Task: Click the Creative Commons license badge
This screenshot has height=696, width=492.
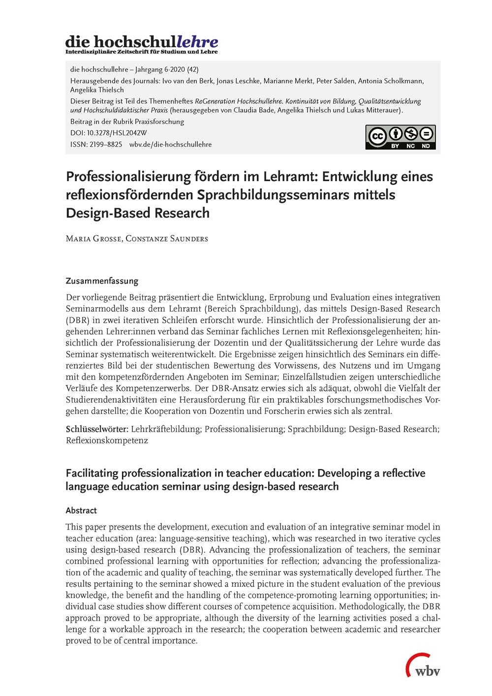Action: tap(400, 137)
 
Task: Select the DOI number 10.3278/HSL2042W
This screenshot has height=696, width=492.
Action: tap(117, 133)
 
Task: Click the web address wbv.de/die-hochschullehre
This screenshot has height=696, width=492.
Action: tap(170, 144)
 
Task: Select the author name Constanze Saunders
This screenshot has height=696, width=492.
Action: tap(167, 239)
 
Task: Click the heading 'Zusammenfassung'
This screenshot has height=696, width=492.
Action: tap(102, 281)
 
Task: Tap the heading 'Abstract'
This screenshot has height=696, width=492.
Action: tap(81, 510)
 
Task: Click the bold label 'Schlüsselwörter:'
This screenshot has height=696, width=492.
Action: tap(97, 429)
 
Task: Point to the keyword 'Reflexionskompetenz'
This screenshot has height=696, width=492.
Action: tap(107, 441)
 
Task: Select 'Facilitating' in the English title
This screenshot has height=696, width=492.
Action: tap(92, 473)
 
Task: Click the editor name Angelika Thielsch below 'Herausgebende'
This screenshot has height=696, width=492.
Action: tap(97, 90)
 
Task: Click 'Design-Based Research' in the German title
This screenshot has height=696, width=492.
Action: tap(138, 213)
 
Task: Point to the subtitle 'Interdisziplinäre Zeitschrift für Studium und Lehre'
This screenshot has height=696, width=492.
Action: tap(141, 52)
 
